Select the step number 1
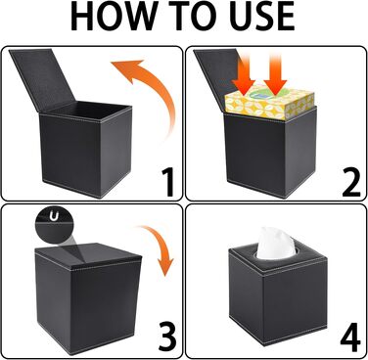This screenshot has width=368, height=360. point(167,182)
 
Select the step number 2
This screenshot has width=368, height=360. point(351,182)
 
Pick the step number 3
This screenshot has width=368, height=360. point(166,339)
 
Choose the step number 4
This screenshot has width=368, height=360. point(350,339)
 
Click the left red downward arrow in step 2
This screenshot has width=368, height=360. point(245,75)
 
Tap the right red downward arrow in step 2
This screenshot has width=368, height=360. point(275,75)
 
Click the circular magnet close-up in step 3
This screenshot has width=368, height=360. point(52,224)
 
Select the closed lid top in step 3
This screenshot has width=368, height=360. point(88,253)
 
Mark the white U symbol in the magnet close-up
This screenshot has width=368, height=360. point(54,216)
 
